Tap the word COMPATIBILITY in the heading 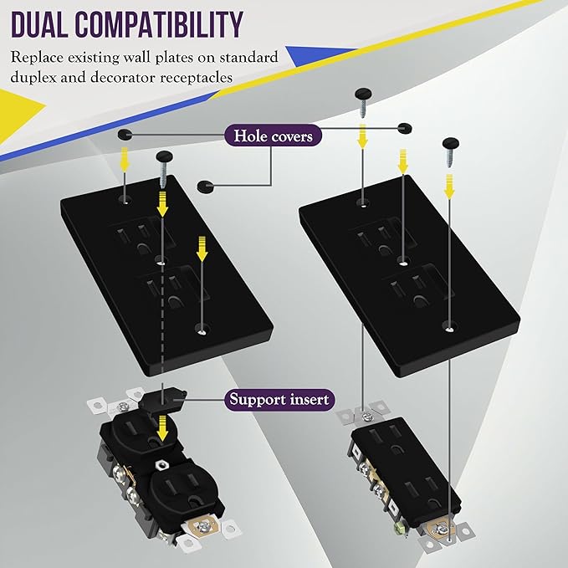click(x=159, y=24)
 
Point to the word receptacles click(x=197, y=78)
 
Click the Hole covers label click(x=274, y=136)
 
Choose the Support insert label click(x=279, y=400)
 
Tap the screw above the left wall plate click(x=164, y=166)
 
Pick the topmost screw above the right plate click(x=362, y=103)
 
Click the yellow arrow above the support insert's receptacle click(x=163, y=428)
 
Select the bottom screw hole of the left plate click(x=202, y=330)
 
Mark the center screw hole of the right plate click(x=402, y=261)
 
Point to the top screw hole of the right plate click(x=362, y=202)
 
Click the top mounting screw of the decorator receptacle click(x=367, y=417)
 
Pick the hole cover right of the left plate click(x=206, y=186)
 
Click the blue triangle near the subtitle click(x=319, y=55)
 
